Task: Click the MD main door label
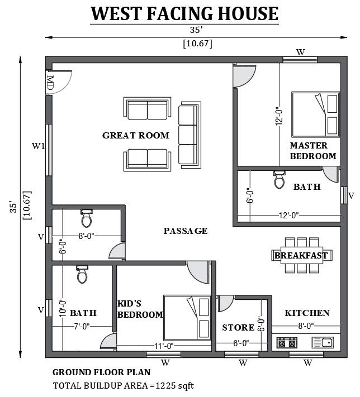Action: pos(50,83)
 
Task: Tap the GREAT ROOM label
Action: pos(136,136)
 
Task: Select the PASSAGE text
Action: pos(186,231)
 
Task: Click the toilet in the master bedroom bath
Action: pos(279,179)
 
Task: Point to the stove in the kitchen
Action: pos(287,343)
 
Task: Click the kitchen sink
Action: pos(323,343)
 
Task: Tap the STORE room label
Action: pos(238,328)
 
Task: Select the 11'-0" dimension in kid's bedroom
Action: pos(164,346)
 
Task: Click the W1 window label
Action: pos(38,146)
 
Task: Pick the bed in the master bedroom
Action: pos(315,114)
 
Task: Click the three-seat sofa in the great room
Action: pos(190,135)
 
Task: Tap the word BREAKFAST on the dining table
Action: pos(301,256)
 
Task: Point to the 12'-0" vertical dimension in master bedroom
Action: pos(279,116)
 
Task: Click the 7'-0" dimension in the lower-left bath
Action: pos(82,327)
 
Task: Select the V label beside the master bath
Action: pos(351,196)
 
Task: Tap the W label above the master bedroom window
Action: pos(301,52)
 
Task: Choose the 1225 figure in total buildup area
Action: pos(165,386)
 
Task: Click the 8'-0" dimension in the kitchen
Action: pos(306,326)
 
